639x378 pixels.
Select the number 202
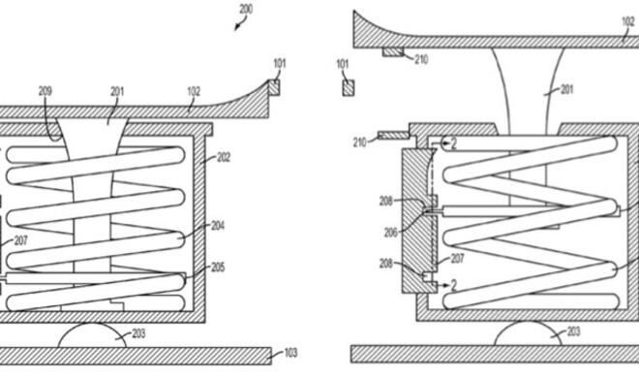pos(223,157)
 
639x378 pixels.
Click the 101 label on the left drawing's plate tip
pos(279,64)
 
